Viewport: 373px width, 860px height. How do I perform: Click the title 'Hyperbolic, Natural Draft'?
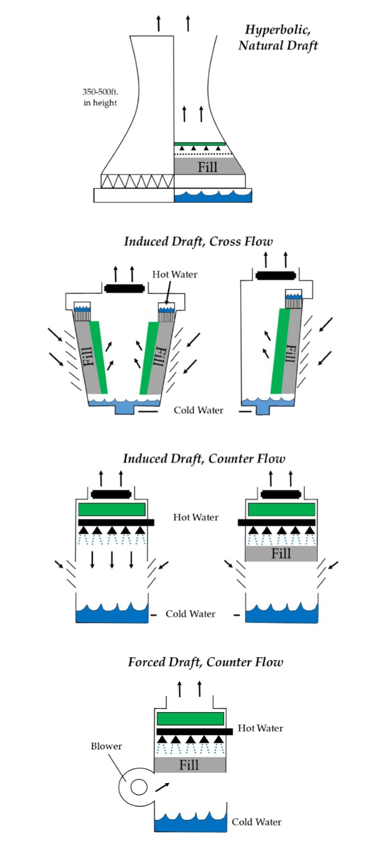pos(278,37)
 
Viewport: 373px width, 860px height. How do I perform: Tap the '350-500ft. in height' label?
pos(100,97)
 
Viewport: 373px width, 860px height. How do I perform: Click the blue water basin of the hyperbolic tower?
pos(213,196)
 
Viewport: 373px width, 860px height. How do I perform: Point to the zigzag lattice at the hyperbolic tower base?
pos(138,181)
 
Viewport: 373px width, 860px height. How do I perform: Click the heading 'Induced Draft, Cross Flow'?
pos(198,241)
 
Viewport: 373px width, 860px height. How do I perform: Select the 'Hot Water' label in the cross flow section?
pos(174,274)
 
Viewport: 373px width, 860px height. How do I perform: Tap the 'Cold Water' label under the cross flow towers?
pos(198,410)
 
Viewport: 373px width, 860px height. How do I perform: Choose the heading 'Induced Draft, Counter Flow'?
pos(204,458)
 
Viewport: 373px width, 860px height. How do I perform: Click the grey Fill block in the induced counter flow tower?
pos(281,554)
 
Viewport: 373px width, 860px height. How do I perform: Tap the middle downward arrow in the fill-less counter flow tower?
pos(112,559)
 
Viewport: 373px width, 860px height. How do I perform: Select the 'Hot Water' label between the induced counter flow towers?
pos(195,518)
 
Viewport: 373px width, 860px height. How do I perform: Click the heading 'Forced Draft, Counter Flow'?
pos(205,662)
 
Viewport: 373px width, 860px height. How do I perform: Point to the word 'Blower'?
pos(106,746)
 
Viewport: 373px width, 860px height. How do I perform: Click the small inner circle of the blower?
pos(139,787)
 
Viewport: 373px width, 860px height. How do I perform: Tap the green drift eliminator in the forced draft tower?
pos(190,719)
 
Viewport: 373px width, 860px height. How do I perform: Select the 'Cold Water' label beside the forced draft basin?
pos(256,822)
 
